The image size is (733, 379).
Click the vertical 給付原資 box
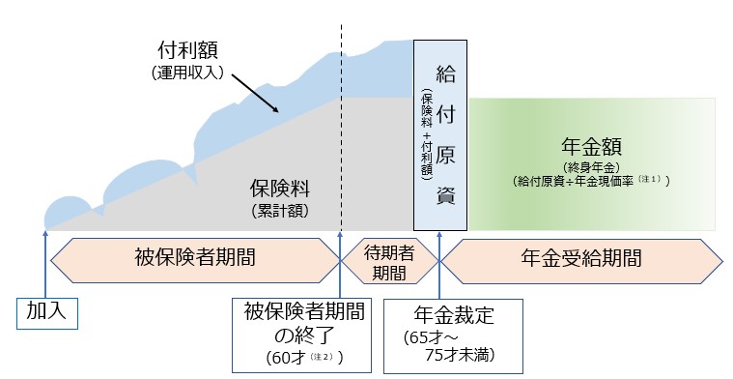tap(440, 134)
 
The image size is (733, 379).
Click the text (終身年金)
tap(592, 165)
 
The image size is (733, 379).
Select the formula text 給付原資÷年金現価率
tap(592, 180)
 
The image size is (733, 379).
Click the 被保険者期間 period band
tap(195, 258)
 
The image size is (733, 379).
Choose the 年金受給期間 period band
tap(579, 258)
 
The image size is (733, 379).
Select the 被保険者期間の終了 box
tap(289, 331)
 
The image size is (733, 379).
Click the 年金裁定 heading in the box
tap(452, 313)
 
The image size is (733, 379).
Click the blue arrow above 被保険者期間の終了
tap(340, 266)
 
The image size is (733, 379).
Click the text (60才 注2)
tap(290, 356)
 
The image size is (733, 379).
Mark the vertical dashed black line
tap(341, 126)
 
